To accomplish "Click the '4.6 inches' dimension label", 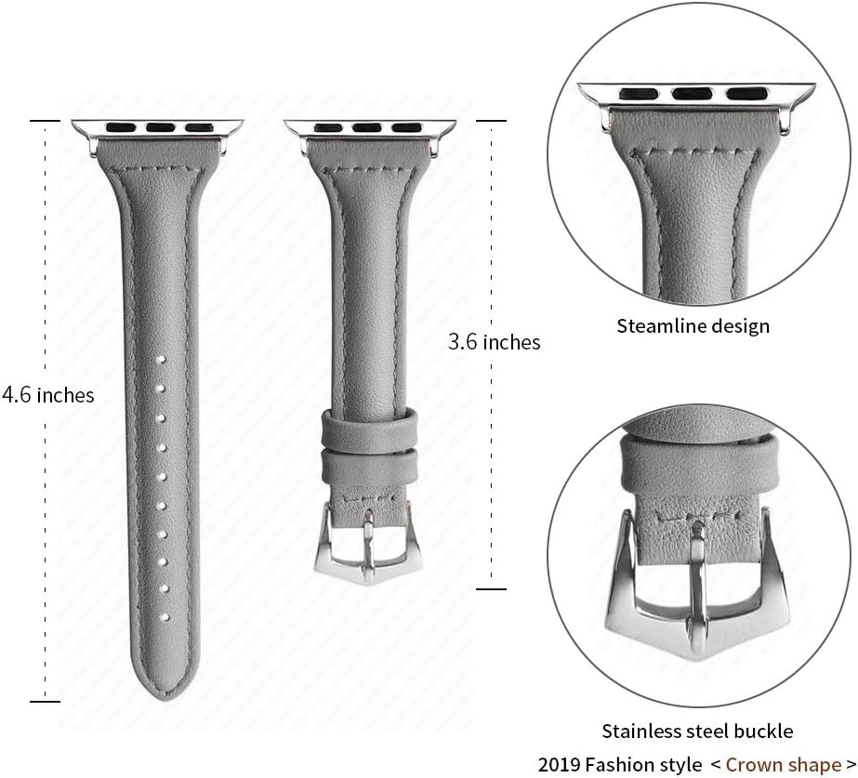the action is [47, 395].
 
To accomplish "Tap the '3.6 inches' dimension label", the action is [495, 342].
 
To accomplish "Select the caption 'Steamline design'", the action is [693, 326].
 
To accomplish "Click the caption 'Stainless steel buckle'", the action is [697, 732].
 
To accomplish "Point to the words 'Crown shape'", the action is [783, 764].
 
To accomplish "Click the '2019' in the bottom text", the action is [558, 765].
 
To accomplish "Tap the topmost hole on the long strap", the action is [161, 360].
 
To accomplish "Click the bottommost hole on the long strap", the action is [163, 616].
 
